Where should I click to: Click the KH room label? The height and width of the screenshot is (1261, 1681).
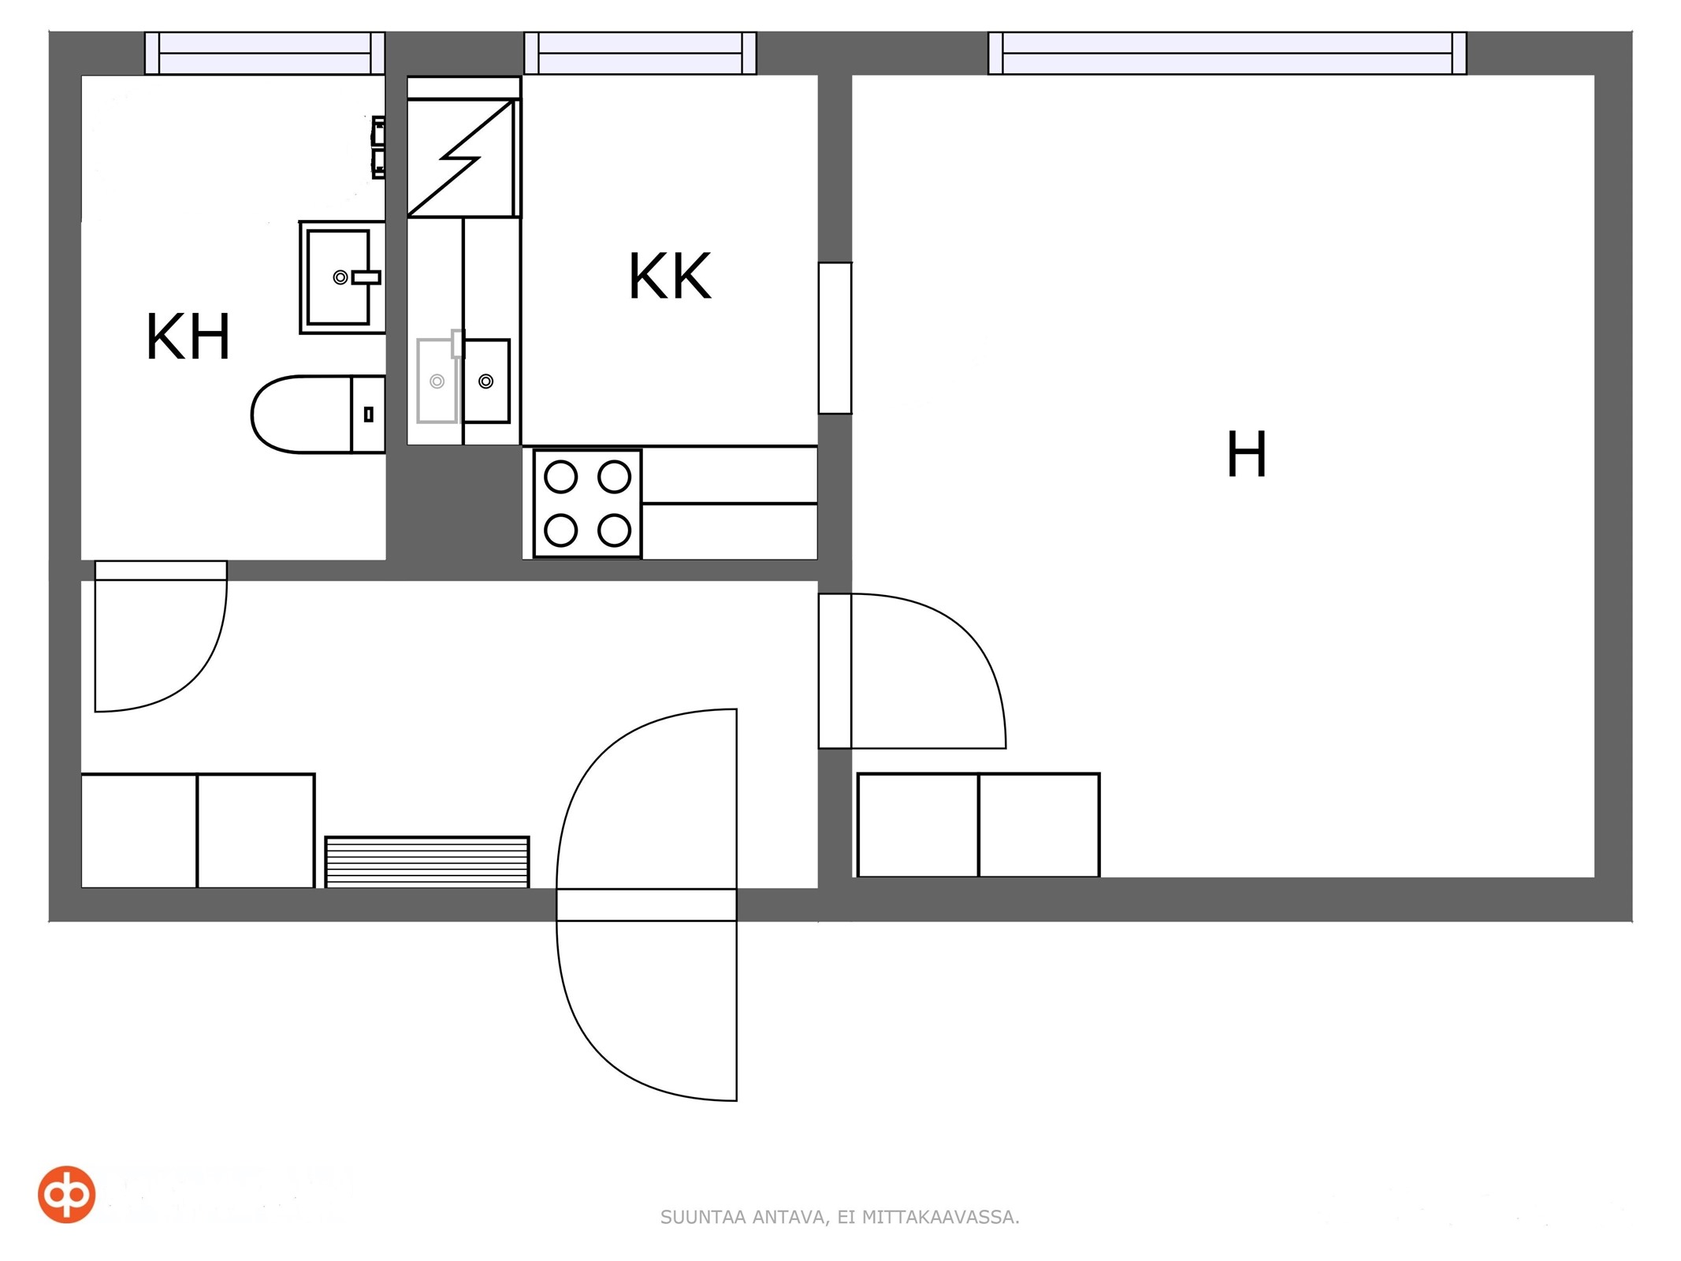(188, 337)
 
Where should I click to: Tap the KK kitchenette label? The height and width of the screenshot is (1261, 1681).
(670, 277)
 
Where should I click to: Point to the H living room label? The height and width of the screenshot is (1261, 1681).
(1247, 454)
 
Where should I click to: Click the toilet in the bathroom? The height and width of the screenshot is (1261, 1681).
(318, 415)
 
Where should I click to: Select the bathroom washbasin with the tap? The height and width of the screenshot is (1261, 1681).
(342, 277)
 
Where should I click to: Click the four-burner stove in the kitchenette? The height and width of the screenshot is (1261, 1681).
(587, 504)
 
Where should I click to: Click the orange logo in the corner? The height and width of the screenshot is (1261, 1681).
(67, 1194)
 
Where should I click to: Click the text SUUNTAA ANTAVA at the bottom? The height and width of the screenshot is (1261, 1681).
(744, 1217)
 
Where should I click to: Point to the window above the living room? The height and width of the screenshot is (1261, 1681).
(1227, 54)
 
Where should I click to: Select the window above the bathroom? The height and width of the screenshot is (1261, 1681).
(265, 54)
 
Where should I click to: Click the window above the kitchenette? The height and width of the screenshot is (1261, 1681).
(640, 54)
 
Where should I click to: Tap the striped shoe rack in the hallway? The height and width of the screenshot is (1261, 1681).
(427, 862)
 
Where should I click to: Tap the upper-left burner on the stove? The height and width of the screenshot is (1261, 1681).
(561, 477)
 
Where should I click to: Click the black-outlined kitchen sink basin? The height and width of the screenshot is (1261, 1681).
(486, 381)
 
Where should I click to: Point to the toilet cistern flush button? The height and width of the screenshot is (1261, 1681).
(368, 414)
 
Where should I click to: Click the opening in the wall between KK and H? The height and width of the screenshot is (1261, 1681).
(835, 338)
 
